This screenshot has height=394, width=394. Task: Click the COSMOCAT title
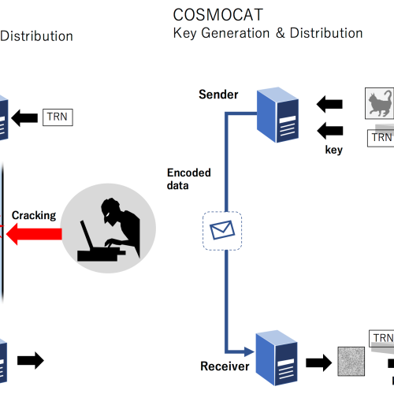point(218,15)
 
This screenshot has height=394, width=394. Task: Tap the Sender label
point(218,95)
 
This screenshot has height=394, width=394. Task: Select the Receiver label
point(225,366)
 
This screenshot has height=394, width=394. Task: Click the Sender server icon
point(277,115)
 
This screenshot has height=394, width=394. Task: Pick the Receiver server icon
point(277,358)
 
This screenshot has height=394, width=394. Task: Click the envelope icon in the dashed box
point(222,230)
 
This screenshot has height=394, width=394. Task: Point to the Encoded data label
point(189,179)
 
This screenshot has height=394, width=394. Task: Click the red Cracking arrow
point(34,234)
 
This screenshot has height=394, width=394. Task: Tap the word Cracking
point(34,215)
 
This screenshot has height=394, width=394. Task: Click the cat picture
point(379,103)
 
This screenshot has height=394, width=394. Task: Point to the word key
point(333,150)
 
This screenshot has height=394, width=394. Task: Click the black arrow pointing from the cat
point(329,104)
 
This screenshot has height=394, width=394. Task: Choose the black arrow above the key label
point(330,131)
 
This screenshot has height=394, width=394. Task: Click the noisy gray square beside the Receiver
point(351,362)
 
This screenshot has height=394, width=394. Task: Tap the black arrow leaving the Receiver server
point(319,362)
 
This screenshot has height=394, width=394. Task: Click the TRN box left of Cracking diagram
point(58,117)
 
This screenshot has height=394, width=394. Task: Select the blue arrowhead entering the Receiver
point(249,351)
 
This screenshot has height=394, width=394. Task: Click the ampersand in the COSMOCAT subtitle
point(281,33)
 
